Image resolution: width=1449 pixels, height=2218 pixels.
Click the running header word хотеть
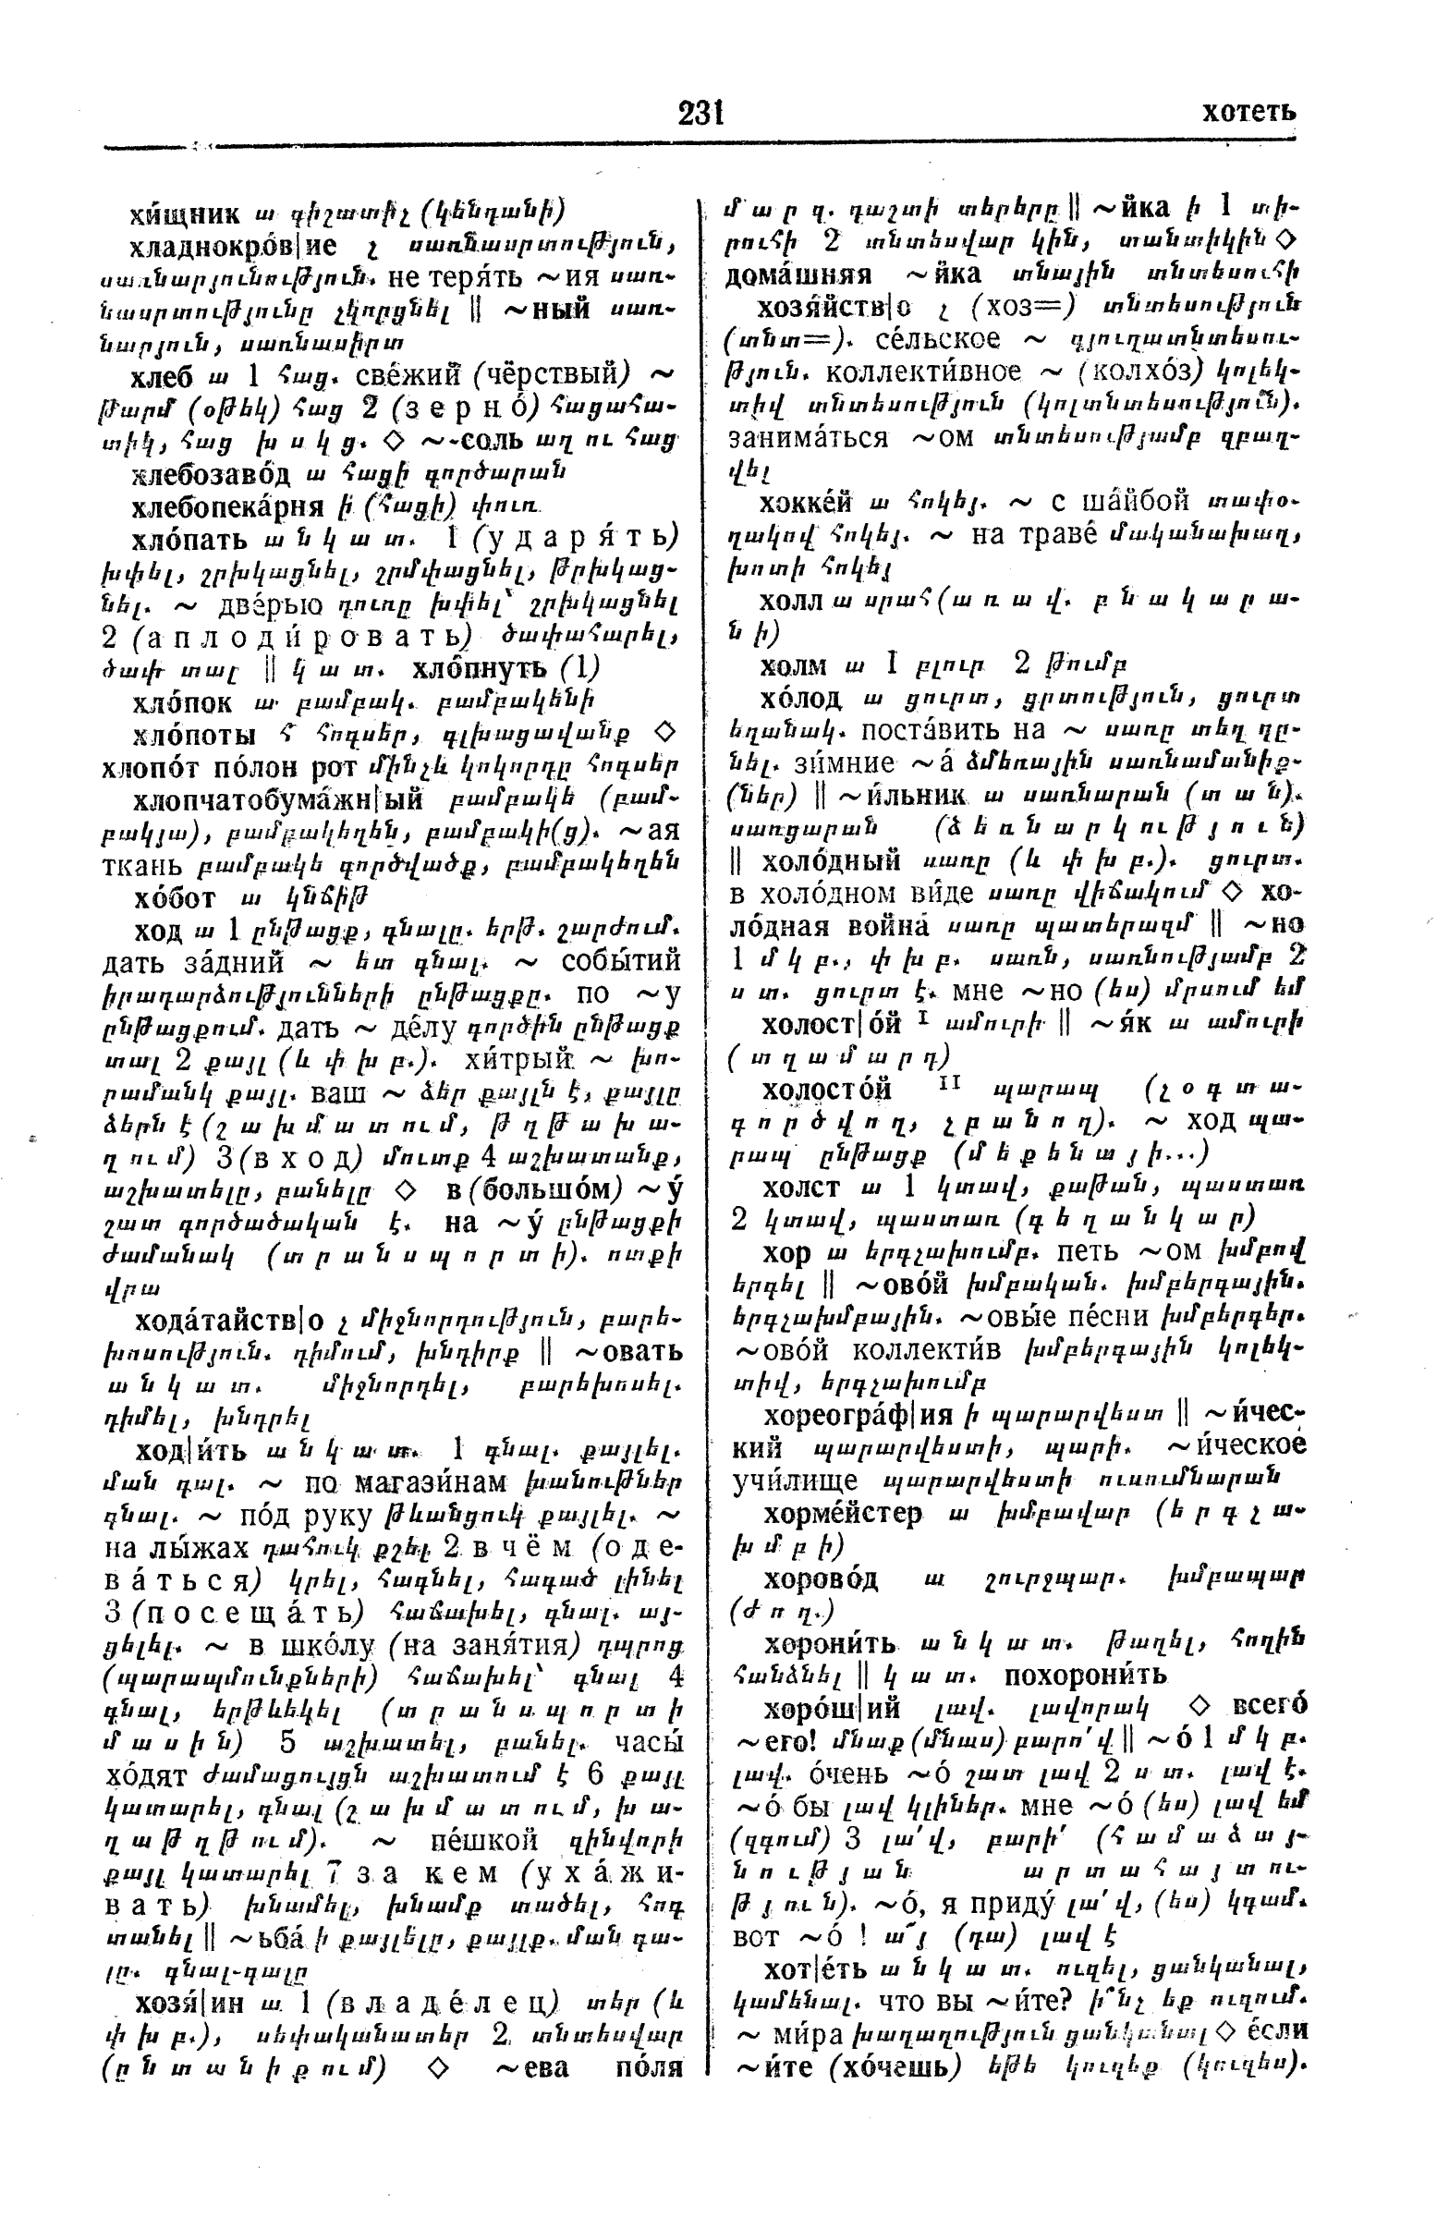1248,113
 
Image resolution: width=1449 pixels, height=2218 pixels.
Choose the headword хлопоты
190,733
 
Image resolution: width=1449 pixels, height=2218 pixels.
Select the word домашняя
798,274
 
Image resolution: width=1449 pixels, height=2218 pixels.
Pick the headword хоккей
806,503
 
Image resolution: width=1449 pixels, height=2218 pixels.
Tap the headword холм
793,664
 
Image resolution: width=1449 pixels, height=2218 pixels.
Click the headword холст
800,1188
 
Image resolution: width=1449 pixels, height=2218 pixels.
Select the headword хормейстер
843,1513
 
